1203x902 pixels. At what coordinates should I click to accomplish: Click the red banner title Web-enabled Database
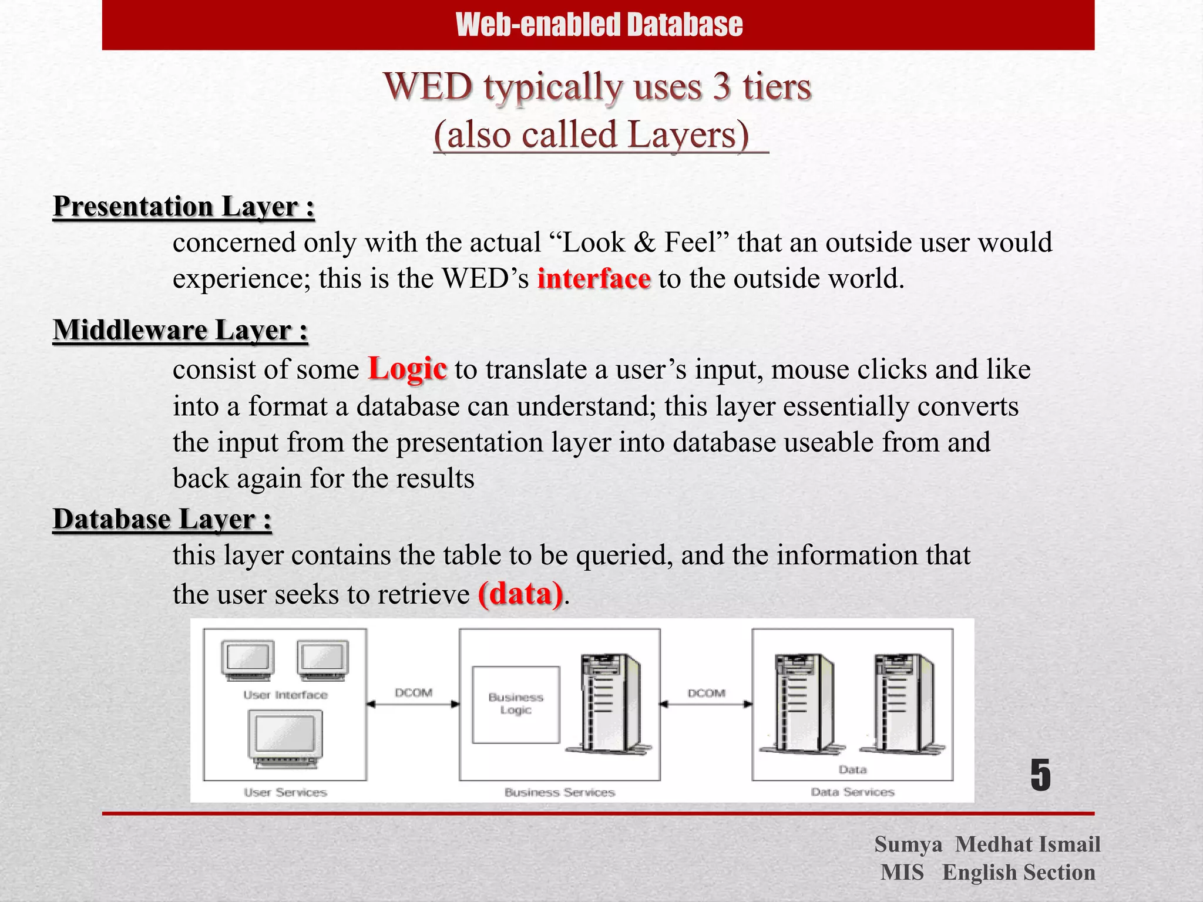point(599,25)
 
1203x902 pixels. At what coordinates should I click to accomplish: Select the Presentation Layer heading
point(184,207)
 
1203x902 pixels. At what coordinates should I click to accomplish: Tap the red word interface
point(594,278)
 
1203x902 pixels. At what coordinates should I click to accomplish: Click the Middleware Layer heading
point(180,330)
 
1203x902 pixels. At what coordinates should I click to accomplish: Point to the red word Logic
point(407,369)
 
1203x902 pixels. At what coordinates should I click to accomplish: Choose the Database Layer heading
point(162,519)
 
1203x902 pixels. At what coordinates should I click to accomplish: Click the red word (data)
point(520,594)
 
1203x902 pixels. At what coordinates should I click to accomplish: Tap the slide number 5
point(1040,776)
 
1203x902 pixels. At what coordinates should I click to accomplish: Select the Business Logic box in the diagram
point(516,704)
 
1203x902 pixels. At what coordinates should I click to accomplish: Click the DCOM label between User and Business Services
point(414,693)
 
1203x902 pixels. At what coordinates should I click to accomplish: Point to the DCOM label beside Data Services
point(707,693)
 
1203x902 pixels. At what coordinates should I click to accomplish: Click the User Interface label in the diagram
point(285,695)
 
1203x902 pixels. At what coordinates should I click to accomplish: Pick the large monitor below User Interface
point(285,738)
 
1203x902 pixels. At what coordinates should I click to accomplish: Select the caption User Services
point(285,792)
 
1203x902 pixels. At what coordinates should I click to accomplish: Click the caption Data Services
point(852,792)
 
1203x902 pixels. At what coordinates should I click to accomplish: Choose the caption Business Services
point(559,792)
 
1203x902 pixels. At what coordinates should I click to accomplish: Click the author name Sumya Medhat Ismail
point(987,844)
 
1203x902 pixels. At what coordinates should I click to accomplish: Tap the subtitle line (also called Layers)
point(592,134)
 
